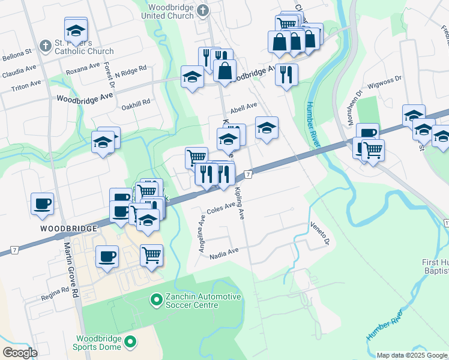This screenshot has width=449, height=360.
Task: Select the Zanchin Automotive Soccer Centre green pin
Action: click(x=156, y=298)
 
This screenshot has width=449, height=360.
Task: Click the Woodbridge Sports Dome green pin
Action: click(x=130, y=343)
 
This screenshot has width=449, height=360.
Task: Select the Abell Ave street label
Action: click(x=243, y=106)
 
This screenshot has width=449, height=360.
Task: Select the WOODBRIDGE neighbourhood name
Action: click(x=69, y=229)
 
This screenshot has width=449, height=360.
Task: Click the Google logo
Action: click(x=20, y=352)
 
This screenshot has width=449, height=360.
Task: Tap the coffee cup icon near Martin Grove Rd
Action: click(x=42, y=203)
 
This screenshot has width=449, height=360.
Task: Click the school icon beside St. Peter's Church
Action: click(x=76, y=30)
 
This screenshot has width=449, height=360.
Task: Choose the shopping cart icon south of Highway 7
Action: click(x=151, y=255)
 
